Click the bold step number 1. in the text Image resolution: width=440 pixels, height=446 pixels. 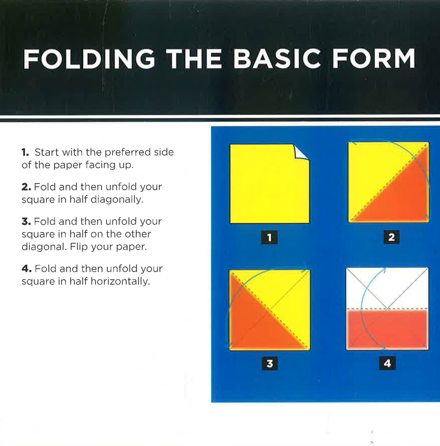25,152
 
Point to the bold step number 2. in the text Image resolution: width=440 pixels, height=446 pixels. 26,187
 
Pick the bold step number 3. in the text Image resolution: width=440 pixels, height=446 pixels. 26,221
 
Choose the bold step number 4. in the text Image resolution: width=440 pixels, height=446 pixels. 26,269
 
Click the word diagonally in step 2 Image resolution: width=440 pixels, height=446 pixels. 117,200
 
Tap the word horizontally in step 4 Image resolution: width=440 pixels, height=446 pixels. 120,282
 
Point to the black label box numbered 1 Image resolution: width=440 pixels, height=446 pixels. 269,237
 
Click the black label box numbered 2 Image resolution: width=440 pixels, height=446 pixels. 392,237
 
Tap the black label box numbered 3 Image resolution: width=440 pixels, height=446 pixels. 270,363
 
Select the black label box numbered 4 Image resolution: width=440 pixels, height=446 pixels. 387,363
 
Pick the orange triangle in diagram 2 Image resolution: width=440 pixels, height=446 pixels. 402,196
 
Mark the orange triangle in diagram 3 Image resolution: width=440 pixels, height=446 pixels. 254,324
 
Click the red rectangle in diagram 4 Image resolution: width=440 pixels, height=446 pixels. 387,329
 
